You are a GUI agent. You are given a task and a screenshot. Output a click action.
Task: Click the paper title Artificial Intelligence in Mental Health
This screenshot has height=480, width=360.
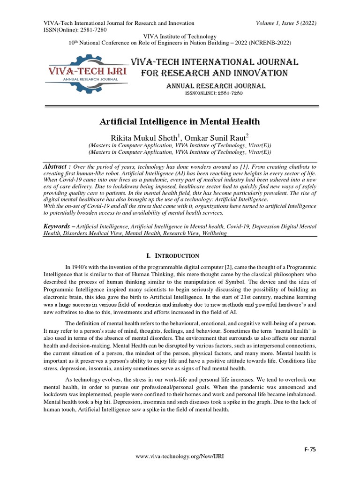tap(180, 122)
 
